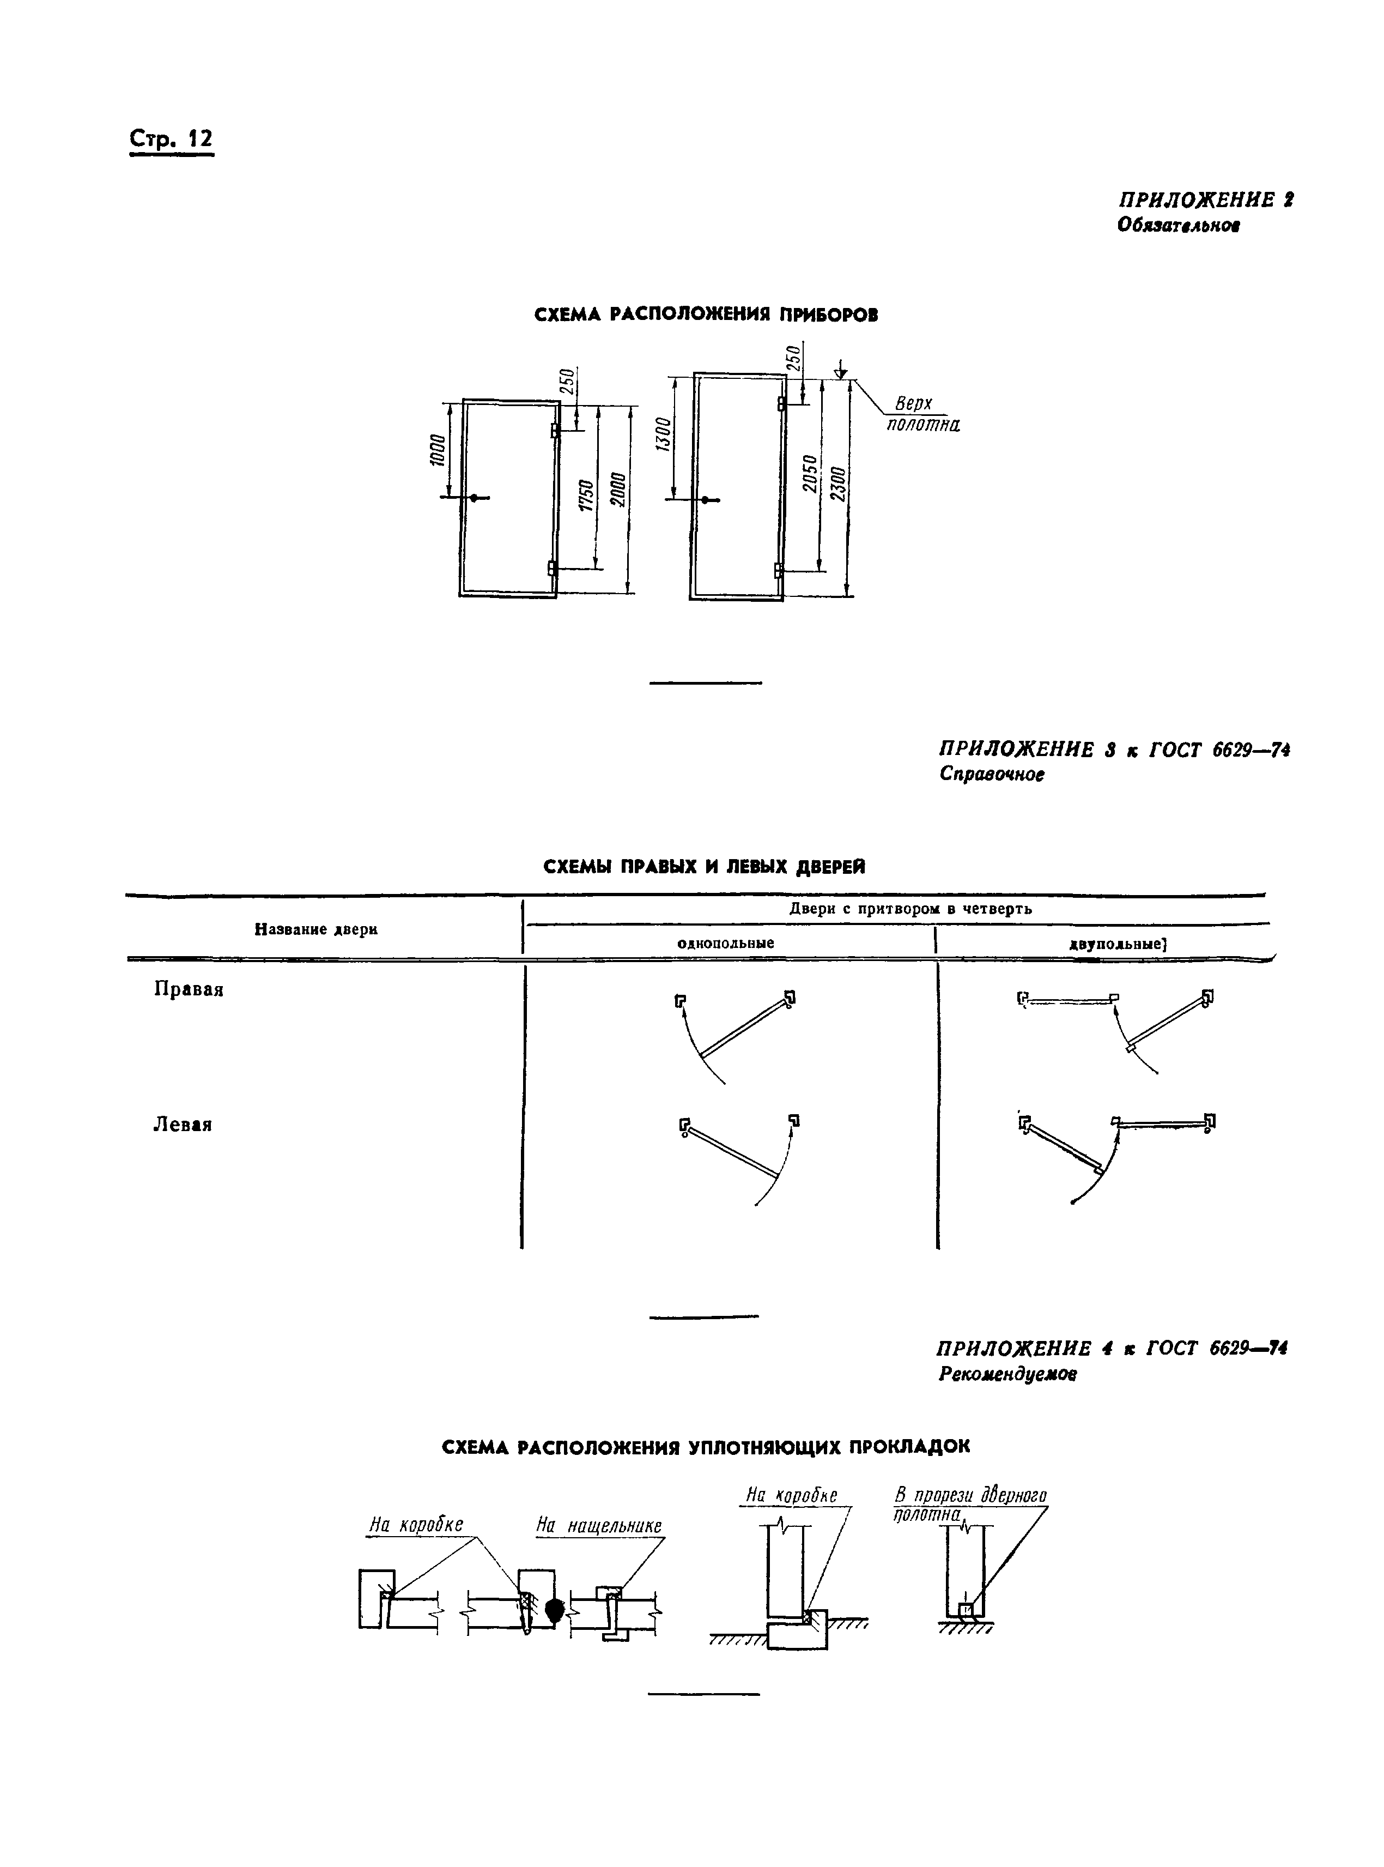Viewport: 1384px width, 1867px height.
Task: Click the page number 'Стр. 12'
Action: click(x=171, y=138)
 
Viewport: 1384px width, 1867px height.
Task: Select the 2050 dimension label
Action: click(x=809, y=474)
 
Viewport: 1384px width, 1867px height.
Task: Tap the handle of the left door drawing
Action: click(x=474, y=498)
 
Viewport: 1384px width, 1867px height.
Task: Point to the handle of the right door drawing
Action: click(x=706, y=500)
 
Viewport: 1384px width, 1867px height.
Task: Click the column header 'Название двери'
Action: click(x=316, y=929)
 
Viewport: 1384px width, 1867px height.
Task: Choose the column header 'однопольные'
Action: click(x=726, y=942)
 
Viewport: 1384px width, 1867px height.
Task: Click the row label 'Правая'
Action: click(x=189, y=989)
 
